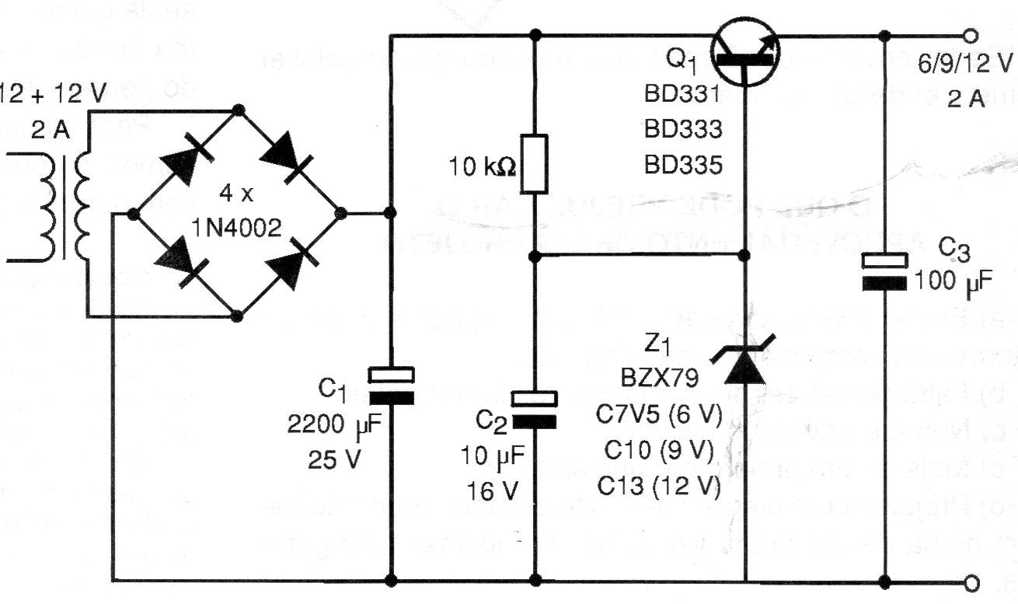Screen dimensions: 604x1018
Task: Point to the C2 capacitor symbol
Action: coord(535,410)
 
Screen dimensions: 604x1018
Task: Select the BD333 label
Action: coord(683,129)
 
